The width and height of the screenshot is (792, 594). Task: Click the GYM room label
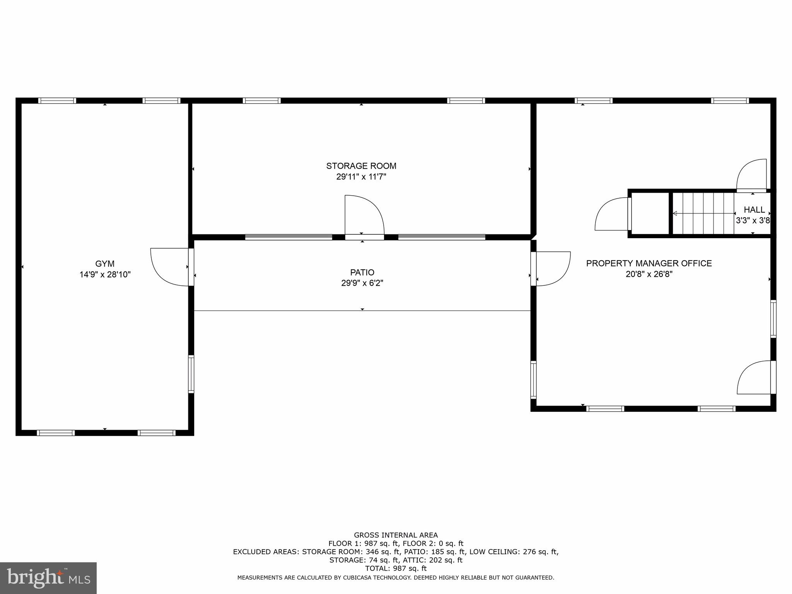tap(105, 264)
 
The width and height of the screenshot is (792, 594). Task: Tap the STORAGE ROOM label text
tap(361, 166)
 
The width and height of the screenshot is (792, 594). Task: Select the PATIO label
tap(362, 272)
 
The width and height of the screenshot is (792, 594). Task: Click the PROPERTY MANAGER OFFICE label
tap(649, 263)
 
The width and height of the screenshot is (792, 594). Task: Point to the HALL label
tap(754, 210)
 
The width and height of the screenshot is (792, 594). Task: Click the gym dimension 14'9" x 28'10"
tap(105, 275)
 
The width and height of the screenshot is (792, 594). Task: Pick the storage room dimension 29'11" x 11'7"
tap(361, 177)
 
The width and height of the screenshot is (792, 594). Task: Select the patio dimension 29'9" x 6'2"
tap(362, 283)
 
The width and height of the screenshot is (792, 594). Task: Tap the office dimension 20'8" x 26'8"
tap(649, 274)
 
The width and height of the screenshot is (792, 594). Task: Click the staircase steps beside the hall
tap(703, 213)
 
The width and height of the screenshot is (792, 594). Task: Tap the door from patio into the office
tap(552, 268)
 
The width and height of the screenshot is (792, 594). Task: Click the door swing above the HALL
tap(752, 175)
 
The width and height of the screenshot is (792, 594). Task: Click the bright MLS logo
tap(48, 578)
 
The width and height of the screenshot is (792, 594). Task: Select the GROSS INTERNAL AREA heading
tap(396, 535)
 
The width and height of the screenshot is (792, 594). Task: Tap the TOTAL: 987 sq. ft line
tap(396, 568)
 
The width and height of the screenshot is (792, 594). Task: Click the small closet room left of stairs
tap(650, 213)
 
